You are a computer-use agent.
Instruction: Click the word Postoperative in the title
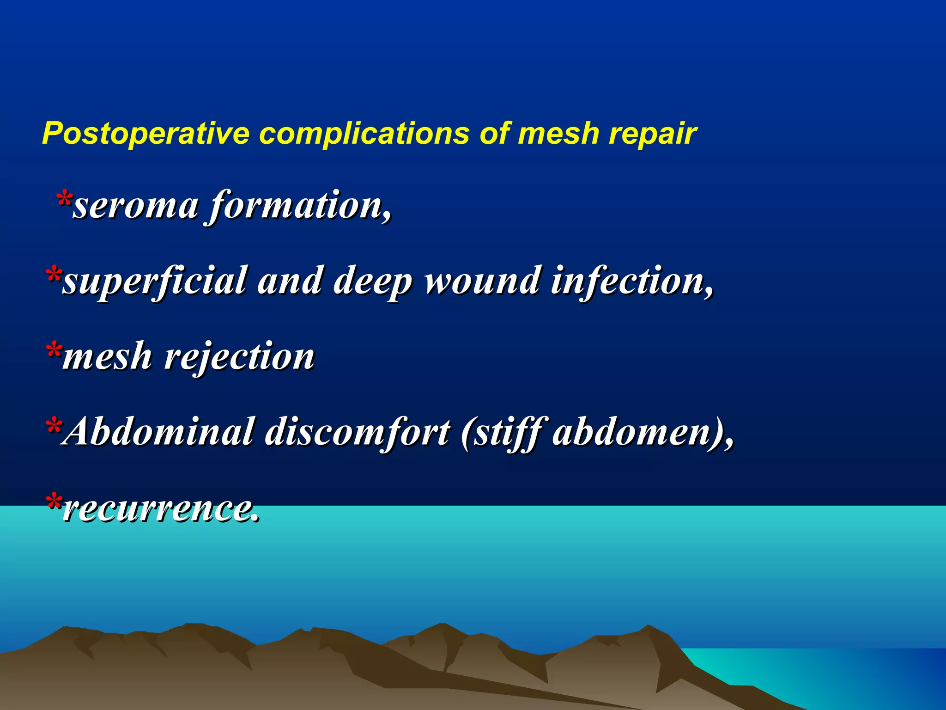point(146,134)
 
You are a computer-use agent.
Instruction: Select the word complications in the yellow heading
point(364,134)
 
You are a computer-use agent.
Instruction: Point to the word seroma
point(136,206)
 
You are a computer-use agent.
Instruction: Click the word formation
point(300,205)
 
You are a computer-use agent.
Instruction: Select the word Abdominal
point(159,432)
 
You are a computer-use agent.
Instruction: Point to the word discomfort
point(358,433)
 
